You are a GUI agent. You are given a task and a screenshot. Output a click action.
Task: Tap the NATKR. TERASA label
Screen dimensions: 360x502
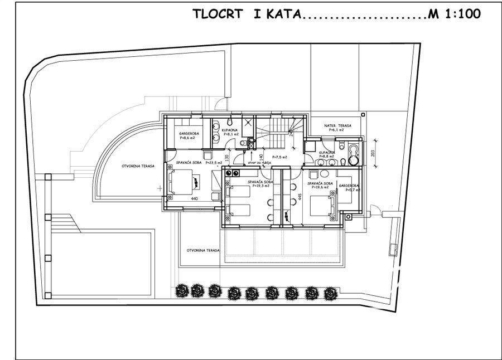[x=338, y=128]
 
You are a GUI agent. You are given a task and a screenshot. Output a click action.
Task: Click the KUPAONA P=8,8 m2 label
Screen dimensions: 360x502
[x=327, y=154]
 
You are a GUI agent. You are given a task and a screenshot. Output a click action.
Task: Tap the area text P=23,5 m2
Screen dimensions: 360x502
[x=214, y=163]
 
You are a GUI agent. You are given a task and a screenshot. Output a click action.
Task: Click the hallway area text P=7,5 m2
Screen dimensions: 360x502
[x=279, y=158]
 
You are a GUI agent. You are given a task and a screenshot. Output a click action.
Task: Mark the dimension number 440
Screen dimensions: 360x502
[x=195, y=198]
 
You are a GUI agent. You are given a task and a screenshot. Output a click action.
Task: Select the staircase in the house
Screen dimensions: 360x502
[x=273, y=132]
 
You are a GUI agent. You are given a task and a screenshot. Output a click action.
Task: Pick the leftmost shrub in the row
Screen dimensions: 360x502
[x=181, y=290]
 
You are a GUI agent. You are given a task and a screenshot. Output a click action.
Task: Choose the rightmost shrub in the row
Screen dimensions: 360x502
[x=331, y=292]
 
